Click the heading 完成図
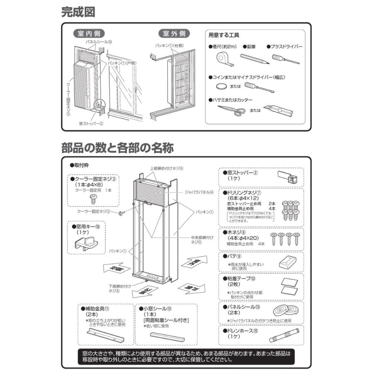coord(78,12)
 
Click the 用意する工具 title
coord(224,35)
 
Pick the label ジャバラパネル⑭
coord(200,192)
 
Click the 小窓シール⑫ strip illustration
coord(166,337)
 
